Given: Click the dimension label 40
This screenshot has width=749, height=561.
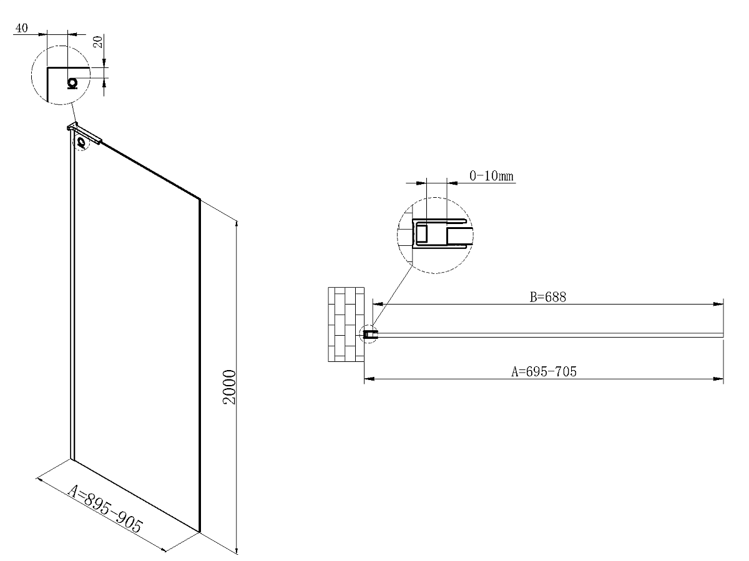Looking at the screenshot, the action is coord(21,28).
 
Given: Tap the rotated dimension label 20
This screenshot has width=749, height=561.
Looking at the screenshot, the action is coord(98,42).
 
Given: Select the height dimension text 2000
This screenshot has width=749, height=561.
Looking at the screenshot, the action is coord(229,387).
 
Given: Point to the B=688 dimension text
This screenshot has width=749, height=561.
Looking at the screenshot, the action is coord(547,296).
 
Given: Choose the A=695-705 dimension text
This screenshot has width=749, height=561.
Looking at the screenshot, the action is coord(544,371).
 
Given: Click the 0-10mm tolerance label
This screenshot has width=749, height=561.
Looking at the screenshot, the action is coord(491,175).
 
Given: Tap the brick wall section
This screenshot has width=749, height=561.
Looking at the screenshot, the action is coord(346,324).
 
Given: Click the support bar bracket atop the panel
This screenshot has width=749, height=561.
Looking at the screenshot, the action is coord(84,133).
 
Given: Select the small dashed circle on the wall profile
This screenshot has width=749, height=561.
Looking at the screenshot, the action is coord(81,143).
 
